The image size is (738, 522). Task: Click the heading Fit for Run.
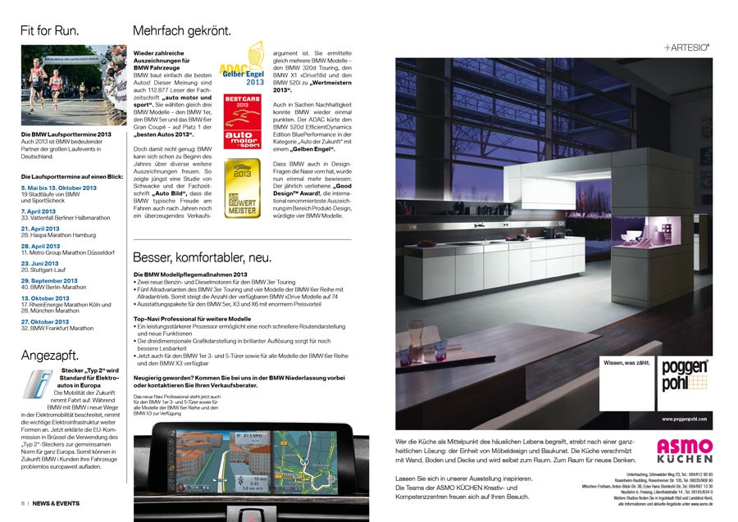click(49, 31)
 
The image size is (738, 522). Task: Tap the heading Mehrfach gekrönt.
click(182, 31)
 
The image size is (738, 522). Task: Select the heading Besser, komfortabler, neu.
click(202, 256)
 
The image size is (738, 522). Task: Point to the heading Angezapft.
click(49, 356)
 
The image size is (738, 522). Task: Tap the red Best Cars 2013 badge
click(242, 121)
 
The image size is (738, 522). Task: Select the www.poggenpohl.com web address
click(684, 419)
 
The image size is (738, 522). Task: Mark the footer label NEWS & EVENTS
click(56, 503)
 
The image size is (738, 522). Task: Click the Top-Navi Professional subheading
click(192, 319)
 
